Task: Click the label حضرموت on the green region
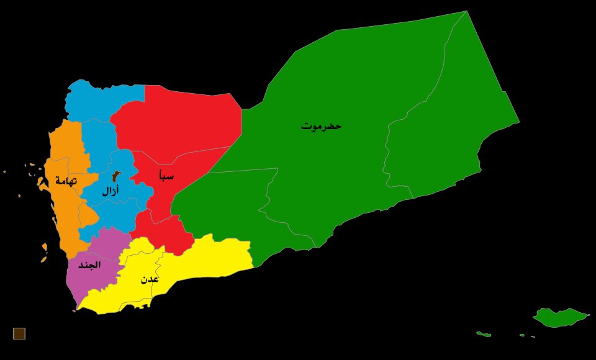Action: click(x=321, y=126)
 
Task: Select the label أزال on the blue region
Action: click(x=111, y=191)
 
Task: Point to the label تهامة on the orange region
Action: click(x=65, y=181)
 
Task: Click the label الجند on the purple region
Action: click(x=89, y=265)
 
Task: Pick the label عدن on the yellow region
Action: click(x=150, y=279)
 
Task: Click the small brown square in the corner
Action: click(x=19, y=333)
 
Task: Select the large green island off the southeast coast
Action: click(x=560, y=317)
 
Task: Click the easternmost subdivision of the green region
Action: click(x=453, y=124)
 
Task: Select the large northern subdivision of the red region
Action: click(x=180, y=118)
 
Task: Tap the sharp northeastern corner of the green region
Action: click(x=466, y=12)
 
